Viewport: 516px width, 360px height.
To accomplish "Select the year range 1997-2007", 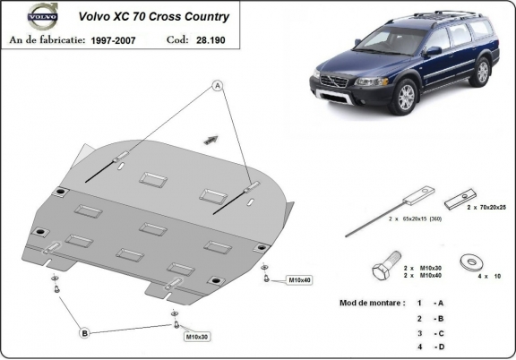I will point(116,39).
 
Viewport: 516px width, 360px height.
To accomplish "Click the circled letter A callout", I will point(217,85).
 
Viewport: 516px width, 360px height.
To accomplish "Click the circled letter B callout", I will point(85,333).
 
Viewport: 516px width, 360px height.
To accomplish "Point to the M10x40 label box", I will point(299,280).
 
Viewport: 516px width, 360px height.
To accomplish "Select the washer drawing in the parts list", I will point(467,263).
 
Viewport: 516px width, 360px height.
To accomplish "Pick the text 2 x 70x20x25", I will point(486,207).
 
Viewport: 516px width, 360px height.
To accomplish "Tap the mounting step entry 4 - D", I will point(430,347).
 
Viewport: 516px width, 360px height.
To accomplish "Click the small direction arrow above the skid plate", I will point(212,137).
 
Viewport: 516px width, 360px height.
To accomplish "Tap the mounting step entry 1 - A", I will point(430,304).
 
